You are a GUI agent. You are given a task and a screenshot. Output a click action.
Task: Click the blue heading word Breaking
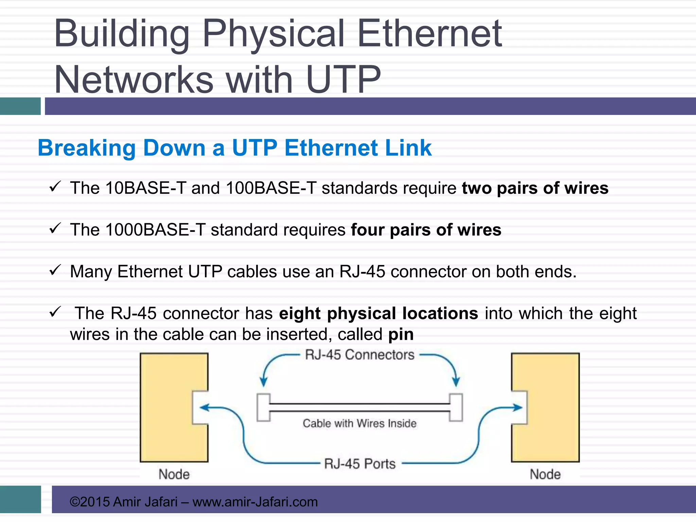(87, 148)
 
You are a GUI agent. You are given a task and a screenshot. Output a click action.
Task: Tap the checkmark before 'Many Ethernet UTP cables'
(55, 271)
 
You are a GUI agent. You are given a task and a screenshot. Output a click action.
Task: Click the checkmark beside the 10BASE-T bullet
(55, 187)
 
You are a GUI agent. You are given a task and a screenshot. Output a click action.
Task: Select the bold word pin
(401, 334)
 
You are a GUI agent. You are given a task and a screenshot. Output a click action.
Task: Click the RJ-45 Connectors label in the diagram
(360, 355)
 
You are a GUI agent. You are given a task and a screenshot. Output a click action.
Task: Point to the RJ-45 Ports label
(360, 464)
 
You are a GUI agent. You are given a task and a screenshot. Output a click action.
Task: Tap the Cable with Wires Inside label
(360, 423)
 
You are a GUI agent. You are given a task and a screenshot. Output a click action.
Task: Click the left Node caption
(174, 474)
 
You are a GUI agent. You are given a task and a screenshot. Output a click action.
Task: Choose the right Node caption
(545, 474)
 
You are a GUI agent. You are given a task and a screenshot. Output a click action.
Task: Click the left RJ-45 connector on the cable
(263, 407)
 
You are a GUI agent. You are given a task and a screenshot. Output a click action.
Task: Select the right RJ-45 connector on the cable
(456, 407)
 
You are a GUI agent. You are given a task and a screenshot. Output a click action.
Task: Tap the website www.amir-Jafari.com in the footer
(255, 502)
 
